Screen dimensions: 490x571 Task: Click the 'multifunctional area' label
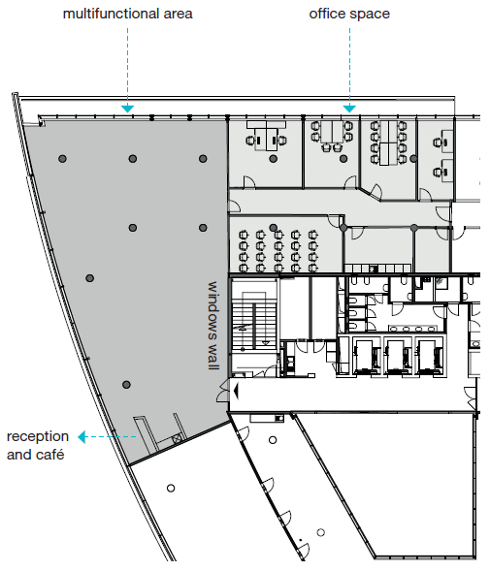[x=128, y=14]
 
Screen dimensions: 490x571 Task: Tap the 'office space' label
[x=349, y=14]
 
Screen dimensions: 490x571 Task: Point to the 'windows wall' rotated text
[x=213, y=325]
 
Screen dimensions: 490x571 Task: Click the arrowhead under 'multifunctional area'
[x=128, y=109]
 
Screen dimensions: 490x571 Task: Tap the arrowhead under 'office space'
[x=349, y=109]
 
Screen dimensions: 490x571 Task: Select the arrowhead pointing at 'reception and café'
[x=82, y=436]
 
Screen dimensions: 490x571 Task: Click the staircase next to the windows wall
[x=254, y=322]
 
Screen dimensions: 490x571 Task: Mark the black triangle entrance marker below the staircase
[x=236, y=391]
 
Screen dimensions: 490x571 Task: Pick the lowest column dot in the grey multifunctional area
[x=126, y=385]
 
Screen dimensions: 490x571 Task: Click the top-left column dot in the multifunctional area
[x=63, y=159]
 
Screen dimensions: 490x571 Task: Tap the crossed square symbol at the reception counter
[x=177, y=438]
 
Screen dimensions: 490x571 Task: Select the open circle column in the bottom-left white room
[x=171, y=488]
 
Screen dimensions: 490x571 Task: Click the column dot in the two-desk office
[x=273, y=158]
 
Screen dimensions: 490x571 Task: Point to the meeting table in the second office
[x=332, y=132]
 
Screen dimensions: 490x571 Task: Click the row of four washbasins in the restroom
[x=412, y=329]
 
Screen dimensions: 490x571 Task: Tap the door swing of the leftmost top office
[x=249, y=182]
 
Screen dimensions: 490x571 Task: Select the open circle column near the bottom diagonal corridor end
[x=320, y=532]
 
